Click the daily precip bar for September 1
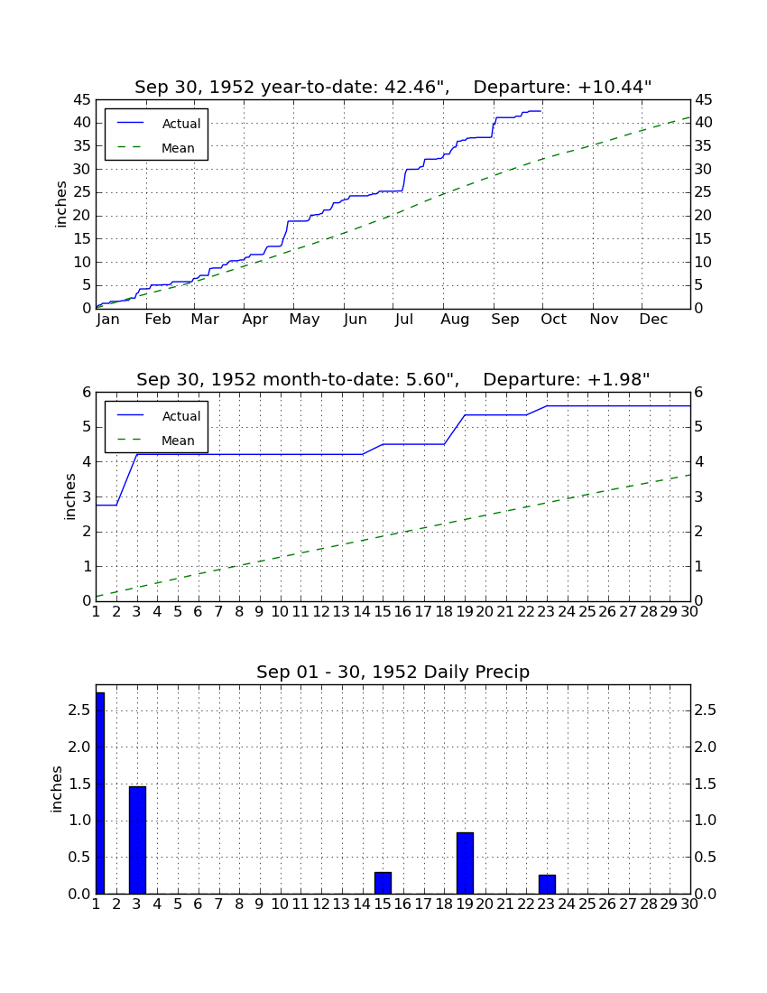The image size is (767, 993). pyautogui.click(x=100, y=793)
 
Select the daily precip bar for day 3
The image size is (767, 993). pyautogui.click(x=137, y=840)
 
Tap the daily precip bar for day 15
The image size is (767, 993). pyautogui.click(x=383, y=883)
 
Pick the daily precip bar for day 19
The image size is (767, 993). pyautogui.click(x=465, y=863)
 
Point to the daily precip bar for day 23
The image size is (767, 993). pyautogui.click(x=547, y=884)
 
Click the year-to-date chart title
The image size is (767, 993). pyautogui.click(x=393, y=87)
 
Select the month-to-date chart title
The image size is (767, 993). pyautogui.click(x=393, y=379)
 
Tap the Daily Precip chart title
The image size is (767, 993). pyautogui.click(x=393, y=672)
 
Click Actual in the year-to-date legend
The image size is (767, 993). pyautogui.click(x=181, y=125)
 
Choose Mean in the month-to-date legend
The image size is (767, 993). pyautogui.click(x=178, y=441)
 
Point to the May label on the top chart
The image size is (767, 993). pyautogui.click(x=304, y=320)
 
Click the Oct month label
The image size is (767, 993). pyautogui.click(x=554, y=320)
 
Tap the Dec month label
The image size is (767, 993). pyautogui.click(x=653, y=320)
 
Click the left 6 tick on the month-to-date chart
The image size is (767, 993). pyautogui.click(x=88, y=392)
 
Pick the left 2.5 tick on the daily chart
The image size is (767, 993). pyautogui.click(x=79, y=710)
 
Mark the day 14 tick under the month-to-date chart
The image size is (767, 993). pyautogui.click(x=362, y=612)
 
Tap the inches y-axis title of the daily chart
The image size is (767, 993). pyautogui.click(x=57, y=789)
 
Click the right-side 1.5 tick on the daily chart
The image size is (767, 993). pyautogui.click(x=706, y=784)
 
